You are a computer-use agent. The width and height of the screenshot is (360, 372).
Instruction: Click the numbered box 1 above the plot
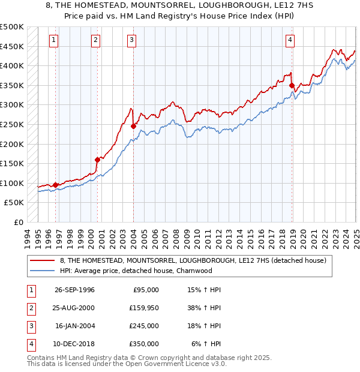tap(53, 40)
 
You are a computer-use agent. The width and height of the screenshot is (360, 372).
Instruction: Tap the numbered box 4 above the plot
tap(290, 40)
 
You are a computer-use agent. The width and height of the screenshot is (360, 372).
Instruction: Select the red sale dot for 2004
tap(133, 126)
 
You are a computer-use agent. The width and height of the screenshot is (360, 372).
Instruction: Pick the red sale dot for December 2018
tap(292, 86)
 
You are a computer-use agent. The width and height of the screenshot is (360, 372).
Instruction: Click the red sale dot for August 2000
tap(97, 160)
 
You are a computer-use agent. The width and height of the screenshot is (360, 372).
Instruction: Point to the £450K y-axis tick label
tap(12, 46)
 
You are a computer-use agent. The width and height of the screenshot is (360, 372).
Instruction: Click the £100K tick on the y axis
tap(12, 183)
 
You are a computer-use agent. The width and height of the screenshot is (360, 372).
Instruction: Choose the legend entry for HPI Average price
tap(136, 271)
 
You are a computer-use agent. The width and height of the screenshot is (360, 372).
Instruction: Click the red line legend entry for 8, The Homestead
tap(193, 260)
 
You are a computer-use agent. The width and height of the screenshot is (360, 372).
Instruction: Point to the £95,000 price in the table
tap(145, 290)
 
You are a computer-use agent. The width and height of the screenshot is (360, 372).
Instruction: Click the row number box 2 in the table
tap(29, 308)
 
